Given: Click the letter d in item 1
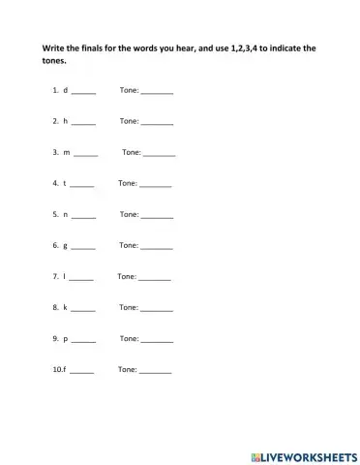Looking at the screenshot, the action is click(66, 90).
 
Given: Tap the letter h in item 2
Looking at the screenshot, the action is click(66, 121).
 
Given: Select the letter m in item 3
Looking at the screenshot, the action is click(67, 152).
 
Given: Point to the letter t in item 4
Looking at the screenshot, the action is click(65, 183).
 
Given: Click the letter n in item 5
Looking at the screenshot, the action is click(66, 214).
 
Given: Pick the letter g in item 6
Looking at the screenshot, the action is click(66, 245).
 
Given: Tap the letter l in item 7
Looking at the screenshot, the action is click(65, 276).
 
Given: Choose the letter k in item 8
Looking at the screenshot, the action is click(66, 307).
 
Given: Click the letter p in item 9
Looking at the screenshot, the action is click(66, 338).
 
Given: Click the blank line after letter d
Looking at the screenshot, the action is click(84, 92).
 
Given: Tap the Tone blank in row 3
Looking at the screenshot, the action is click(160, 154).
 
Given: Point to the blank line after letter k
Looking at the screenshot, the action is click(84, 309).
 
